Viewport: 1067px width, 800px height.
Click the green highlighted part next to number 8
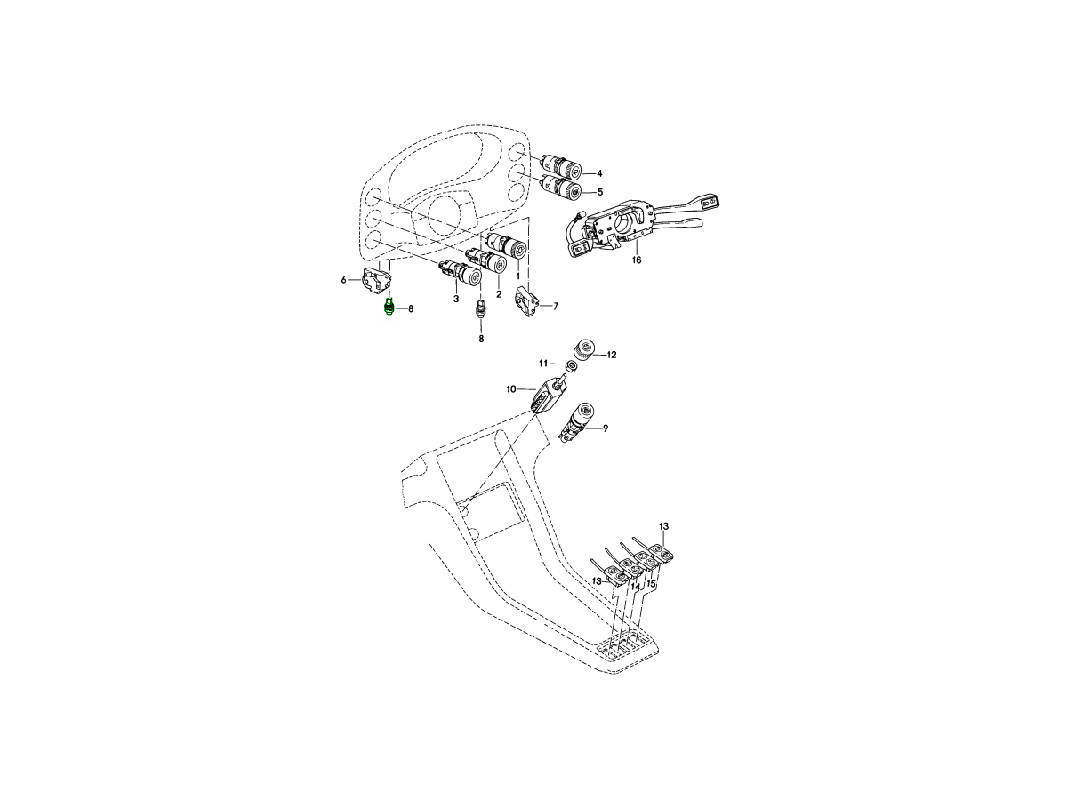pyautogui.click(x=389, y=308)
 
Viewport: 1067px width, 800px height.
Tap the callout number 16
pyautogui.click(x=637, y=260)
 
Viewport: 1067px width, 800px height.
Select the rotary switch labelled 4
pyautogui.click(x=562, y=168)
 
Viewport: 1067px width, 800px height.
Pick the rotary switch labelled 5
pyautogui.click(x=562, y=188)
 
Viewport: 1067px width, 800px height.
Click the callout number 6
pyautogui.click(x=343, y=280)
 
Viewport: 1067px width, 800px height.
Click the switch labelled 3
pyautogui.click(x=462, y=275)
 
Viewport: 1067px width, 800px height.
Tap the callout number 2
pyautogui.click(x=499, y=294)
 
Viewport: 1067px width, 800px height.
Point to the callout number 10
pyautogui.click(x=511, y=389)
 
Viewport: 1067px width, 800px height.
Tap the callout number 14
pyautogui.click(x=635, y=588)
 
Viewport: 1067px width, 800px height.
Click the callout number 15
pyautogui.click(x=651, y=585)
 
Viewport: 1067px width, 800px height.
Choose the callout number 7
pyautogui.click(x=556, y=307)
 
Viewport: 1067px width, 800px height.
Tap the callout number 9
pyautogui.click(x=606, y=428)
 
